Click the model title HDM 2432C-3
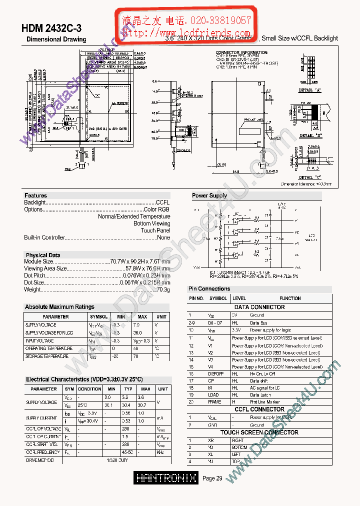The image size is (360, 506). [51, 28]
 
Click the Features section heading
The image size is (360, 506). [35, 195]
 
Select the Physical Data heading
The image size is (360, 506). [43, 255]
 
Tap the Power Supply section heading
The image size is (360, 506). [209, 195]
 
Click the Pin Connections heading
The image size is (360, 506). [209, 289]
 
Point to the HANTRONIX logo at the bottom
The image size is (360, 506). [167, 478]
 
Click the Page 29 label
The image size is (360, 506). [212, 478]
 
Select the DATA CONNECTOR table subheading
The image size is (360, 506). [259, 307]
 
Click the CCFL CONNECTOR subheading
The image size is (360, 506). [259, 409]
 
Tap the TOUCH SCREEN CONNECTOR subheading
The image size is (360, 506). [259, 432]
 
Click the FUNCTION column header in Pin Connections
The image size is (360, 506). [290, 298]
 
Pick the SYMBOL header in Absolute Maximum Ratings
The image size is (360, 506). [98, 317]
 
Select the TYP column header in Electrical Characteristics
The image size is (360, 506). [128, 389]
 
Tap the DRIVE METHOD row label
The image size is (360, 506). [39, 460]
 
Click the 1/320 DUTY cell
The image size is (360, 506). [117, 460]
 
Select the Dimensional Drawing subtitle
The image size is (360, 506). [56, 39]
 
